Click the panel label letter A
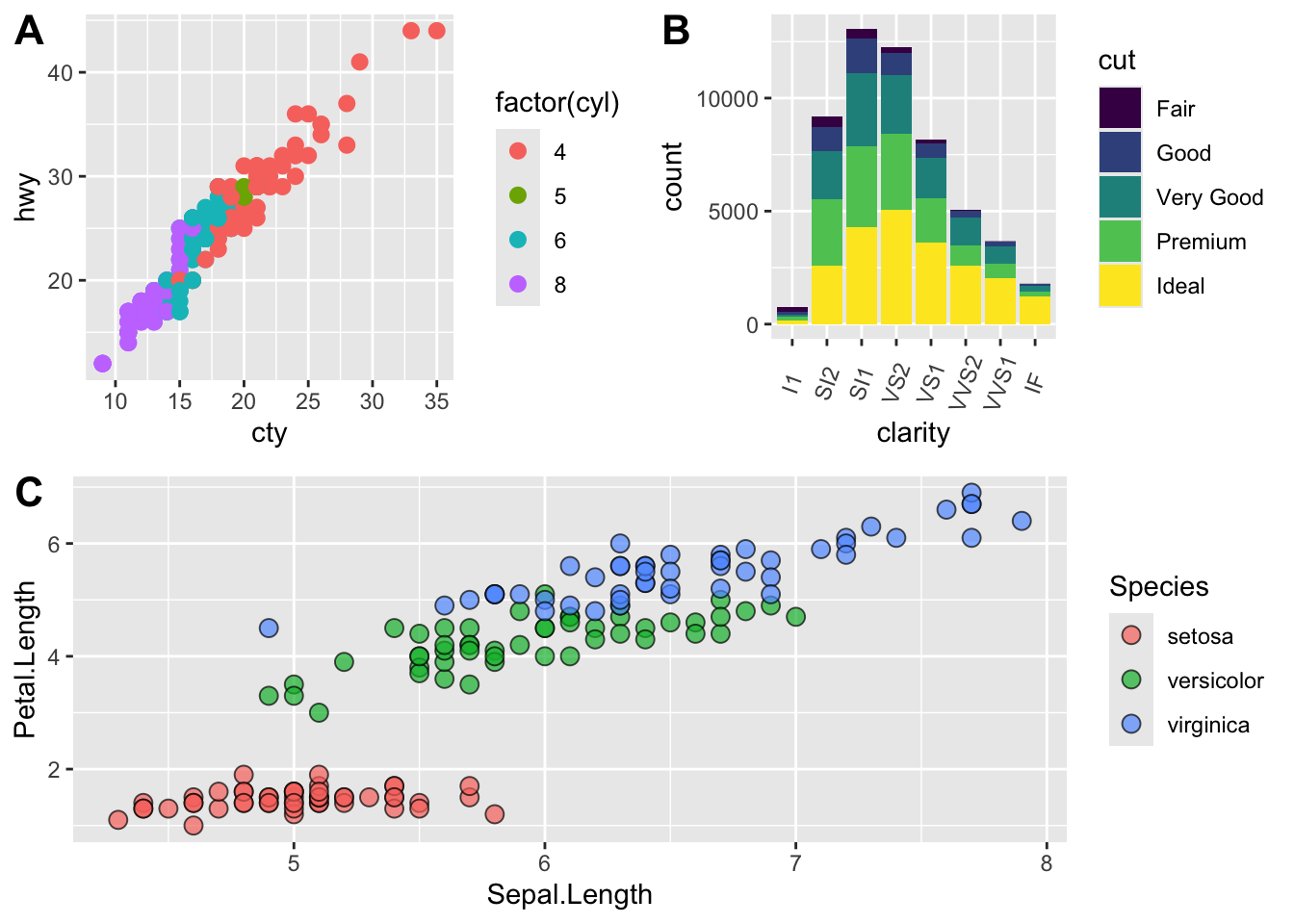click(x=29, y=32)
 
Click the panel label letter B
click(x=676, y=32)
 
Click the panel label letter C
click(x=29, y=493)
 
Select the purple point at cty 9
click(x=103, y=363)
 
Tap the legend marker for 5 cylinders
click(x=518, y=195)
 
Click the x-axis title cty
click(x=270, y=433)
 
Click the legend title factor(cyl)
click(x=556, y=103)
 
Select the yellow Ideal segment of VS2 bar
click(x=896, y=267)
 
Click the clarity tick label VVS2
click(x=966, y=383)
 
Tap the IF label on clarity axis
click(x=1035, y=382)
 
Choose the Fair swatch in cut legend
click(x=1120, y=108)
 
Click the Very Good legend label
click(x=1209, y=197)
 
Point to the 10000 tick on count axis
click(x=728, y=99)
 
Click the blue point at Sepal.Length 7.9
click(x=1022, y=521)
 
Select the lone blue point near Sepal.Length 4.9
click(x=269, y=628)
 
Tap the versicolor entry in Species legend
click(x=1215, y=680)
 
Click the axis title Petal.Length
click(x=25, y=659)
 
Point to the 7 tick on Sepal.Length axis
click(x=795, y=863)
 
